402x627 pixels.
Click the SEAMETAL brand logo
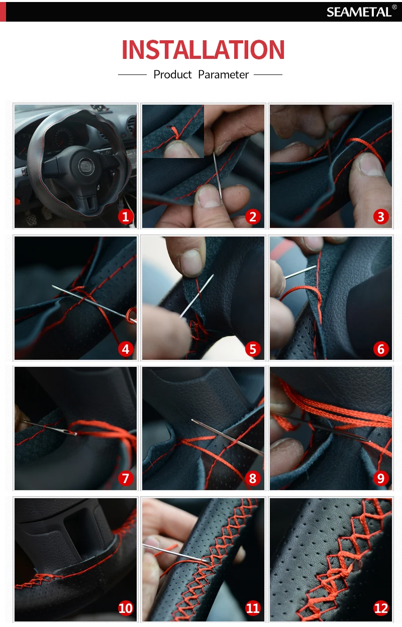tap(361, 12)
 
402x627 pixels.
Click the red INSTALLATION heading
tap(203, 49)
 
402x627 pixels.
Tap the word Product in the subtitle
tap(172, 75)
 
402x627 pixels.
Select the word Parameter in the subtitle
tap(224, 75)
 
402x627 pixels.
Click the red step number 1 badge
tap(125, 217)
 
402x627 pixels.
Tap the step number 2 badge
tap(253, 217)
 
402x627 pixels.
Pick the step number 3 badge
tap(381, 217)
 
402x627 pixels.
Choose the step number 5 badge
tap(253, 349)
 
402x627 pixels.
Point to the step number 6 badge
tap(381, 349)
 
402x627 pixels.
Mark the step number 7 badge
tap(125, 478)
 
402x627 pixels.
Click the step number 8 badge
tap(253, 478)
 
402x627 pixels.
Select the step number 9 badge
tap(381, 478)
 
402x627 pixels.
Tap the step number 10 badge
tap(125, 608)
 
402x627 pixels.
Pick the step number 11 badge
tap(253, 608)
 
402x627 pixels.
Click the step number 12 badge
tap(381, 608)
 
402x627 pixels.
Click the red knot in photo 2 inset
tap(175, 133)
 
